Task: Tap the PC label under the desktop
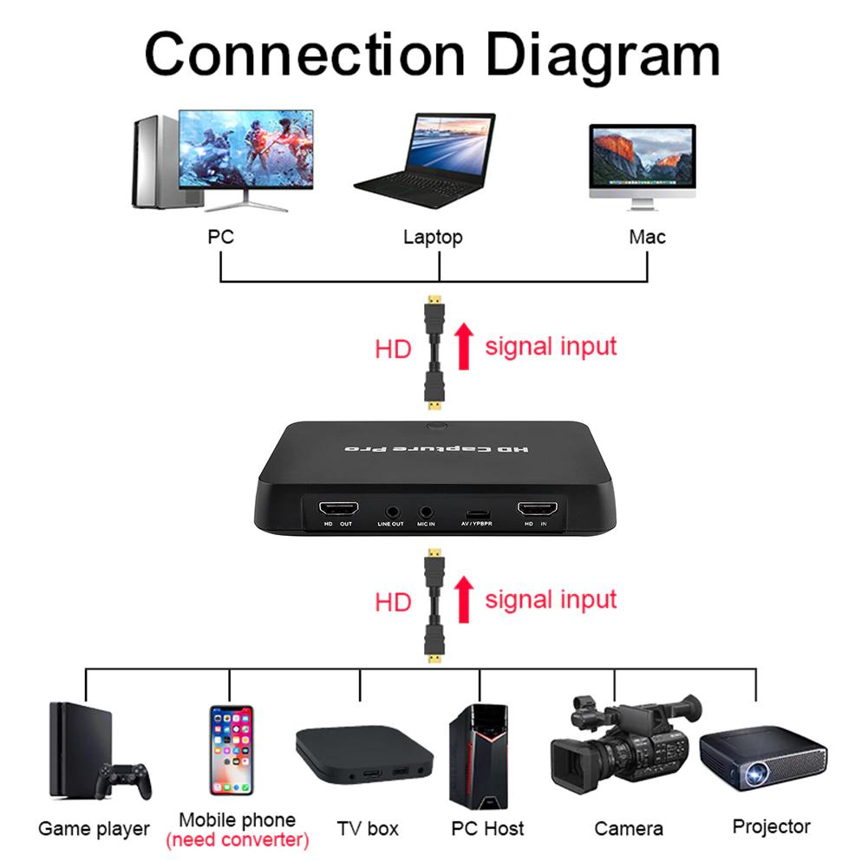click(x=220, y=236)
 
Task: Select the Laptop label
click(x=433, y=237)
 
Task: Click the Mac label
click(x=647, y=236)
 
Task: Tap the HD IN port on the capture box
click(x=537, y=510)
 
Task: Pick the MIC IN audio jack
click(x=427, y=512)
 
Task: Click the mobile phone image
click(x=231, y=750)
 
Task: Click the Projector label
click(x=771, y=826)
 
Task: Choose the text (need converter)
click(x=237, y=839)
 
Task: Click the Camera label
click(x=629, y=829)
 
